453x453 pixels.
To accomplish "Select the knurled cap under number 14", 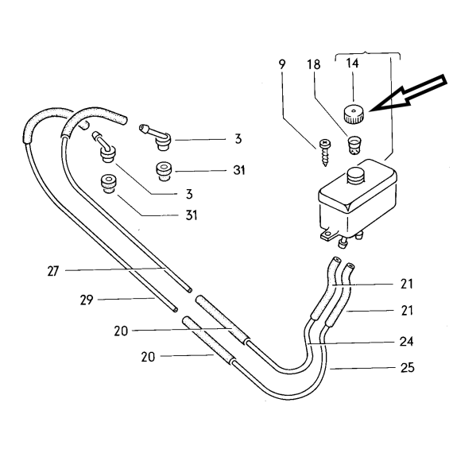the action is (x=353, y=114).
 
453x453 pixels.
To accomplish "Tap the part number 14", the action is (x=352, y=63).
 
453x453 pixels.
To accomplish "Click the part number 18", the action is (x=314, y=64).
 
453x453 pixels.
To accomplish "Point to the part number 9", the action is (x=282, y=64).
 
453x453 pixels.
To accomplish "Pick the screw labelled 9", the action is (x=325, y=153).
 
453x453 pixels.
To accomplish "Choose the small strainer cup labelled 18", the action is (x=354, y=145).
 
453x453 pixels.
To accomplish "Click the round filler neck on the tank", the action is (x=356, y=176).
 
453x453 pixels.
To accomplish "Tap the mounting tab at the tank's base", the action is (x=328, y=234).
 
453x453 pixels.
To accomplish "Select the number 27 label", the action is (x=53, y=271).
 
